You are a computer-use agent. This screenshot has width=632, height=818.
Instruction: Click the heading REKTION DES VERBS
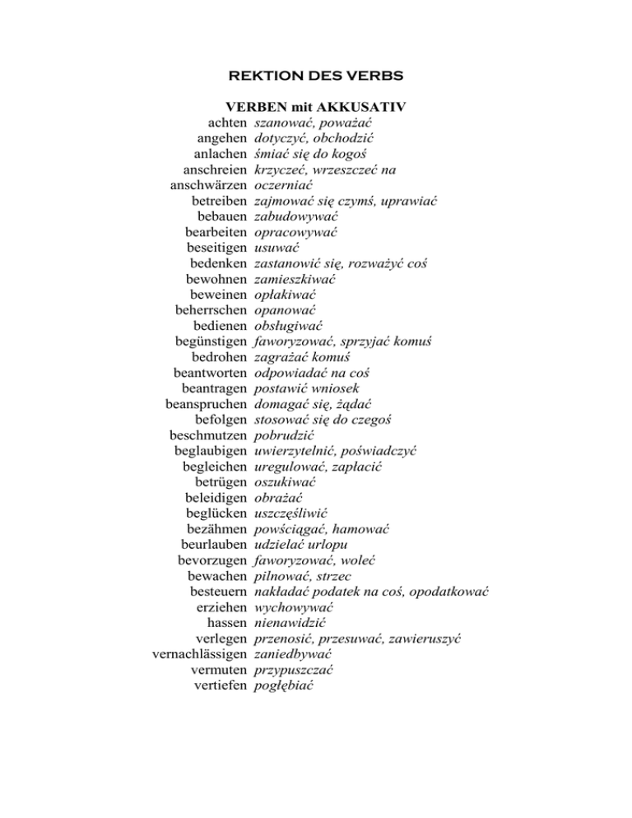coord(315,77)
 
